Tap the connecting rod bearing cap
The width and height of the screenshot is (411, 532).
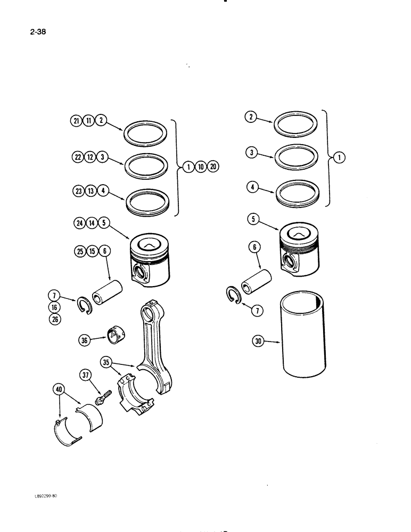click(135, 392)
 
